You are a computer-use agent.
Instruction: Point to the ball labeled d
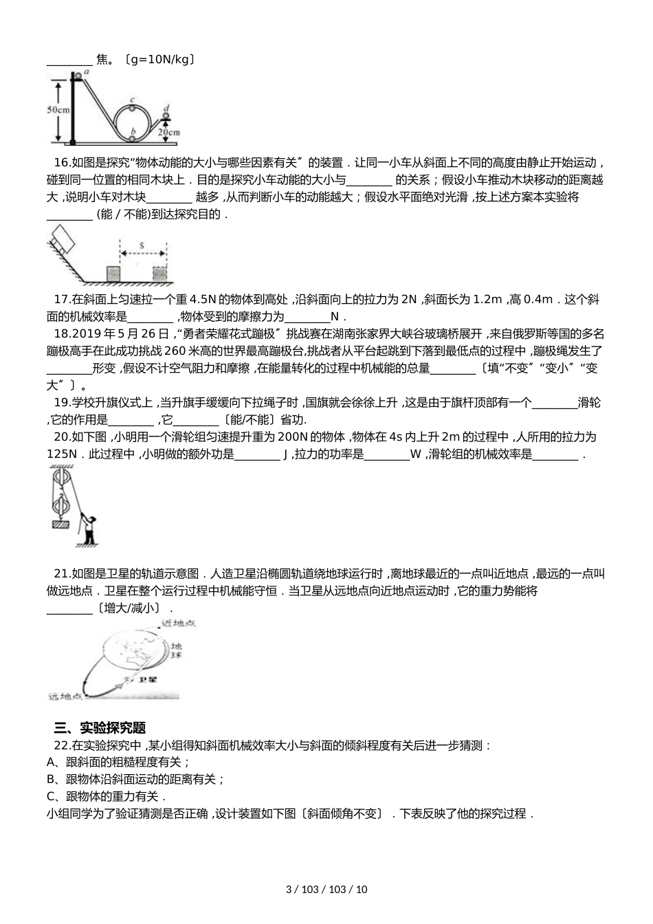(166, 115)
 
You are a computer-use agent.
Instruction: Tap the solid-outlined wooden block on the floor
(114, 273)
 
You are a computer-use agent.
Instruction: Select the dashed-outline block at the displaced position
(160, 273)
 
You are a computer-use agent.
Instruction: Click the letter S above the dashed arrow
(142, 244)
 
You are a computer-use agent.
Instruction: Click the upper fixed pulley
(60, 478)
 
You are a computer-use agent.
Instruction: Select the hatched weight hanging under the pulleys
(60, 525)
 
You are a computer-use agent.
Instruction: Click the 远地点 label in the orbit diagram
(65, 696)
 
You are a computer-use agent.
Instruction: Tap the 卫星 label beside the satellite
(148, 679)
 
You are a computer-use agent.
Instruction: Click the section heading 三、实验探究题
(100, 728)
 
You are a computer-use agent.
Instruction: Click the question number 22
(61, 745)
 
